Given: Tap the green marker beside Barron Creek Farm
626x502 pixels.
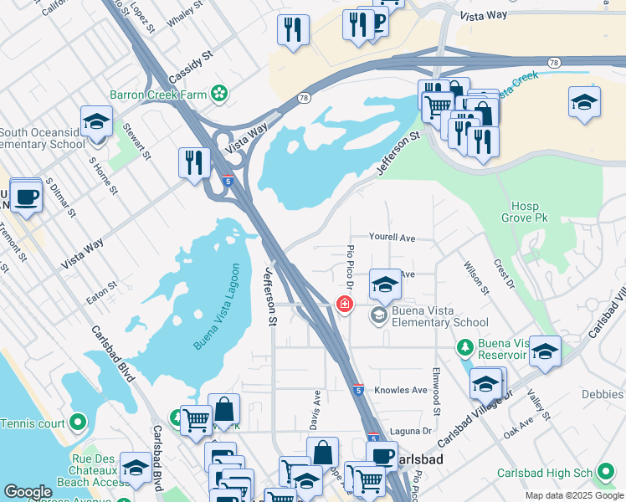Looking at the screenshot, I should (x=220, y=94).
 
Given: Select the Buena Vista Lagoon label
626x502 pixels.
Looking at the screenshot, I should (x=216, y=308).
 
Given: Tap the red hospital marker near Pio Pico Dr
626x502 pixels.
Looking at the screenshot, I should (x=344, y=305).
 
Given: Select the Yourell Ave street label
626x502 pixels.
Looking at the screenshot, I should (x=393, y=238).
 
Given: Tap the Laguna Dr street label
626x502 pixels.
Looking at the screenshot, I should (x=414, y=431).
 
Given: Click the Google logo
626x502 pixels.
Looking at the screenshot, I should (x=28, y=492).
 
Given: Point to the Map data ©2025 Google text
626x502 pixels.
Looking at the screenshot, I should (x=573, y=495).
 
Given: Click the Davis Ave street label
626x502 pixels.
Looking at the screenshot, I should (x=316, y=411).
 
